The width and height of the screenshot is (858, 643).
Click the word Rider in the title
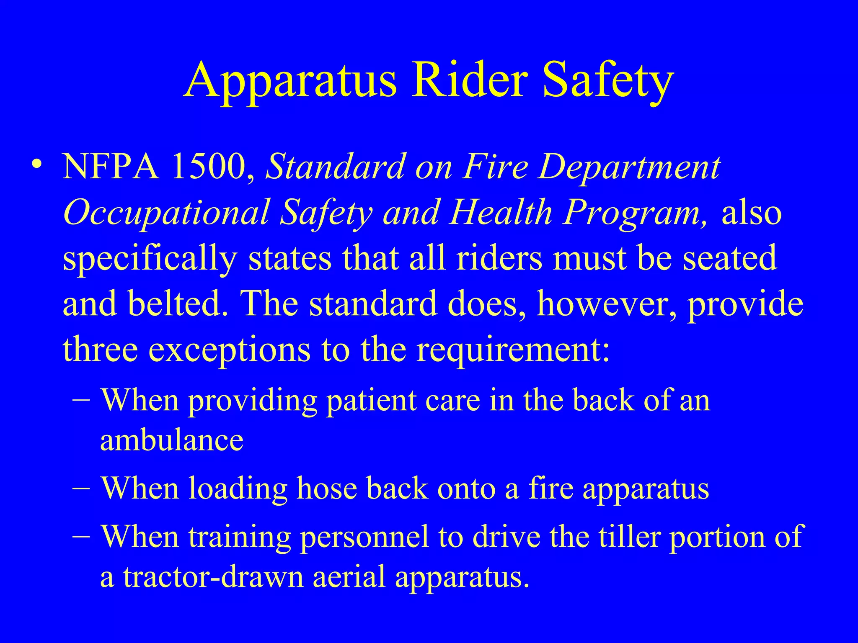pos(469,80)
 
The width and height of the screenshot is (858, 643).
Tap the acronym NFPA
pos(111,167)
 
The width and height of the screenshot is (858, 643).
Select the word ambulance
pos(172,440)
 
